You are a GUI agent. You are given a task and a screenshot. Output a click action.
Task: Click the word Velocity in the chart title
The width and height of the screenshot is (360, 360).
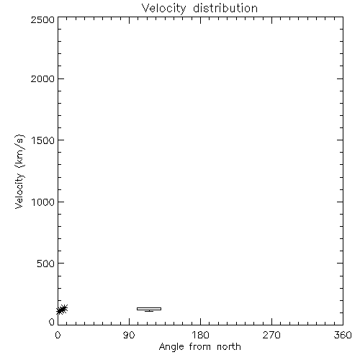(164, 9)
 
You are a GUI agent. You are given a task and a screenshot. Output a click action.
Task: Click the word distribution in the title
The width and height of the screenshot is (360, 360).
(225, 8)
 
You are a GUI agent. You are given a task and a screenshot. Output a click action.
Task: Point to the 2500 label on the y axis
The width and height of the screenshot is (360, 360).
(42, 19)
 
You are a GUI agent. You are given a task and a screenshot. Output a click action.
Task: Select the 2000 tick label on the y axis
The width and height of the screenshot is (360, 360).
(42, 78)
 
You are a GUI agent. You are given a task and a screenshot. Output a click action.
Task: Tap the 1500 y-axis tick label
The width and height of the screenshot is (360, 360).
(43, 140)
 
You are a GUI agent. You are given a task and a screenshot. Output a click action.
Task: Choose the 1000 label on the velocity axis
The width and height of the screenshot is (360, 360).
(43, 202)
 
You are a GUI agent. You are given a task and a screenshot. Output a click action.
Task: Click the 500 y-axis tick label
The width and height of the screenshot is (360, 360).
(46, 264)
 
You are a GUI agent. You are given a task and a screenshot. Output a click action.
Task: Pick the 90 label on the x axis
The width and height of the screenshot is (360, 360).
(129, 335)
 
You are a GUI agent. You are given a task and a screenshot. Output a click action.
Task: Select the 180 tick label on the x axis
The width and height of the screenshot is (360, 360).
(200, 335)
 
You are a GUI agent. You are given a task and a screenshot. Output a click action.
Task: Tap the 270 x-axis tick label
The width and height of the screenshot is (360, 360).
(271, 335)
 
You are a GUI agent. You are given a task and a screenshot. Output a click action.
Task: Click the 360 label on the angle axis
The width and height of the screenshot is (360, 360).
(343, 335)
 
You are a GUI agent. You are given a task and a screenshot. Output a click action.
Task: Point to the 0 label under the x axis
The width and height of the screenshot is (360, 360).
(58, 335)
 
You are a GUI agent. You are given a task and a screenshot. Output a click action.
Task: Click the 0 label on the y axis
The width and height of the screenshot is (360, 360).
(52, 322)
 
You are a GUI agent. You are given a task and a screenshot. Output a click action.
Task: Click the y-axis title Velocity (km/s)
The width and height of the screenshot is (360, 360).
(19, 171)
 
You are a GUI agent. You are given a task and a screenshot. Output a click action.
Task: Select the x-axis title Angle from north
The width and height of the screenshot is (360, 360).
(200, 347)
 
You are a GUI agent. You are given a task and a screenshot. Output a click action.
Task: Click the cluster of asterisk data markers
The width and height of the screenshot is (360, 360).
(62, 310)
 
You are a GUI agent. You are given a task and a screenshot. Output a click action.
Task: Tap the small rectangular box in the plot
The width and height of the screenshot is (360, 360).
(149, 309)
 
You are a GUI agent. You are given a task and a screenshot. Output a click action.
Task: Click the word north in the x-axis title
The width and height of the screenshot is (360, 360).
(229, 347)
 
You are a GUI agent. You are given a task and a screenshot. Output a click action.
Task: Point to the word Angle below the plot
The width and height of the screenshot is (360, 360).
(171, 347)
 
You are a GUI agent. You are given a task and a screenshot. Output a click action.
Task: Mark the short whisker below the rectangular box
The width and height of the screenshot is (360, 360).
(149, 311)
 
